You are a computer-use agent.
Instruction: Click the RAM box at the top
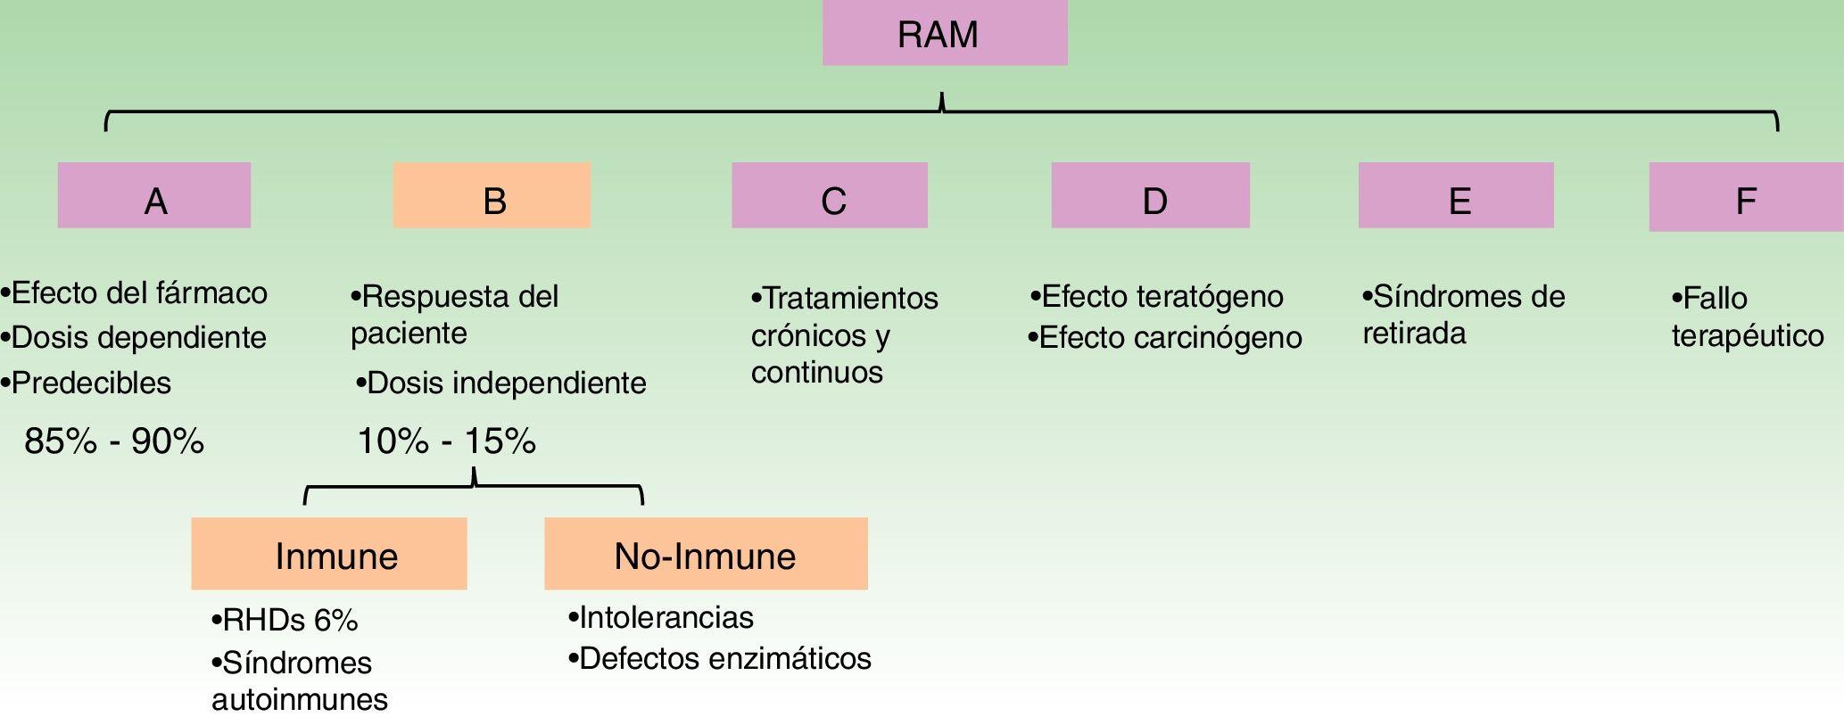point(944,34)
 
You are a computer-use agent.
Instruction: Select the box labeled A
point(154,196)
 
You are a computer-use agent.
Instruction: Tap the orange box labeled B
point(492,196)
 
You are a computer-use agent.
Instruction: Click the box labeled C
point(830,196)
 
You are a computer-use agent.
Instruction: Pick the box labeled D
point(1150,196)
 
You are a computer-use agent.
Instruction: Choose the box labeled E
point(1456,196)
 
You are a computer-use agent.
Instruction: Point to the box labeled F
point(1745,198)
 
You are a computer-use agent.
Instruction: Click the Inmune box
point(329,555)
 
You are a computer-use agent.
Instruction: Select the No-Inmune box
point(706,555)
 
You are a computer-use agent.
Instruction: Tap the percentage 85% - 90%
point(114,441)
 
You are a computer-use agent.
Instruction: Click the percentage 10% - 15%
point(446,441)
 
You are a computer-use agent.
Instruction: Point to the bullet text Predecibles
point(90,383)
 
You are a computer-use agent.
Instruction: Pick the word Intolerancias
point(666,617)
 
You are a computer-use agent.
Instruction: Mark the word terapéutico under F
point(1747,337)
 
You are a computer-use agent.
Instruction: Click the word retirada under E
point(1414,334)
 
